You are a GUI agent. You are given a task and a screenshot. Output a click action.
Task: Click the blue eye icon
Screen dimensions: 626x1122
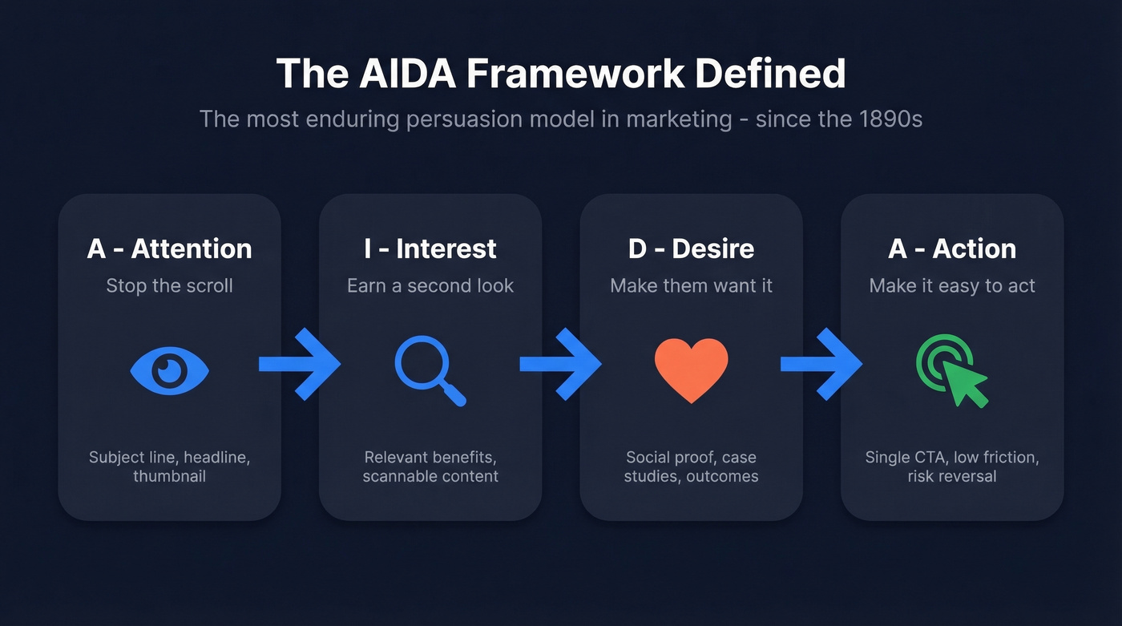coord(169,370)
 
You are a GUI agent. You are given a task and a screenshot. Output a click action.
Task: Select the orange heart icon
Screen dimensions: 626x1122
coord(691,369)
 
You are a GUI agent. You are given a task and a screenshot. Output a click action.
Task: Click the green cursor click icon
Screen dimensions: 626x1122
coord(951,370)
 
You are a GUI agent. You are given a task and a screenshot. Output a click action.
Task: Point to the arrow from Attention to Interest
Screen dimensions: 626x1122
coord(299,365)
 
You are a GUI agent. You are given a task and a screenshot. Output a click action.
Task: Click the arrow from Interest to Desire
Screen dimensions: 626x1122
coord(560,365)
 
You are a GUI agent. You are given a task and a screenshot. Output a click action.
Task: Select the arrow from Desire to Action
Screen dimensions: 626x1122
coord(821,365)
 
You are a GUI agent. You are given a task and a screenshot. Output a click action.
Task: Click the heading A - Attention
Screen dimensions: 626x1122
coord(169,248)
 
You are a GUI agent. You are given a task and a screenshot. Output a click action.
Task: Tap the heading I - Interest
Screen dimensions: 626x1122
coord(430,248)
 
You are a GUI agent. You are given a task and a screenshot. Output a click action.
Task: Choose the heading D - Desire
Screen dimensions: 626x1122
coord(691,248)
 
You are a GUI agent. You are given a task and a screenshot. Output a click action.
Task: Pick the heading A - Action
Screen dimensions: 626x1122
coord(952,248)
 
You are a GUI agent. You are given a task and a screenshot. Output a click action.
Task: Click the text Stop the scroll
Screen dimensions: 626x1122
coord(169,286)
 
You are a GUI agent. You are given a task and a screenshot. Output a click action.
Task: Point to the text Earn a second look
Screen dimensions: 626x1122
coord(430,286)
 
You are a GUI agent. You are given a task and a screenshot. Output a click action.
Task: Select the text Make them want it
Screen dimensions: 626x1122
coord(691,286)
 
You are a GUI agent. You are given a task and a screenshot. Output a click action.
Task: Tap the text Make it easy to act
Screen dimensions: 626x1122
coord(952,286)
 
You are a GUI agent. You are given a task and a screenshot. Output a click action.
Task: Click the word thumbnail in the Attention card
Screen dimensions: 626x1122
coord(169,476)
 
